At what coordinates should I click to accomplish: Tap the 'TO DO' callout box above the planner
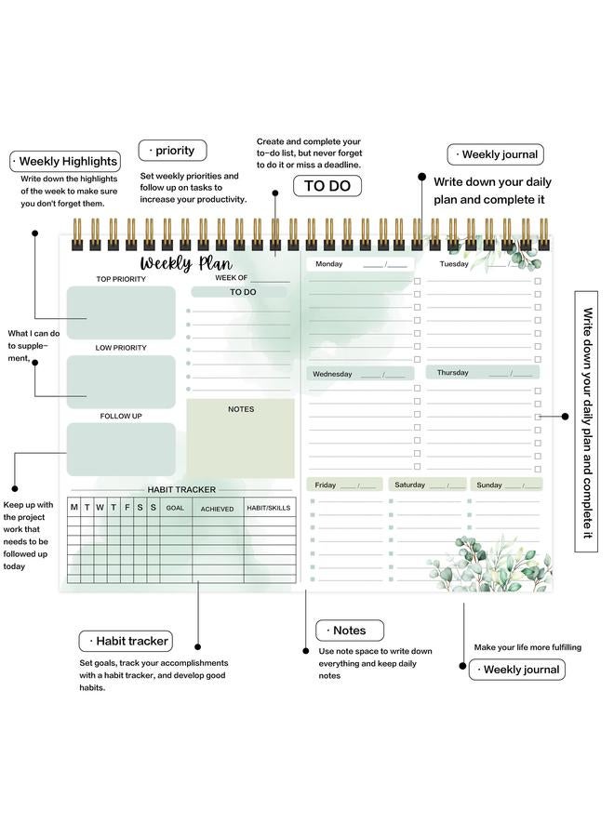point(327,185)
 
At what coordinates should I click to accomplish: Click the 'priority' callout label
point(172,150)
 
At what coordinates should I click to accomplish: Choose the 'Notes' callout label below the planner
point(349,630)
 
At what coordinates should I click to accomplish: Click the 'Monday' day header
point(329,264)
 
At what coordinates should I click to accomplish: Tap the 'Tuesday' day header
point(454,264)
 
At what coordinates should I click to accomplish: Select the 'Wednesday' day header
point(332,374)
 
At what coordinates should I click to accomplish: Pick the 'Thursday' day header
point(453,373)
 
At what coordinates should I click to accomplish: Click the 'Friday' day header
point(326,485)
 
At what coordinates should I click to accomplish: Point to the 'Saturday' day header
point(409,485)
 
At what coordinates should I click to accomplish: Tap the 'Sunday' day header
point(489,485)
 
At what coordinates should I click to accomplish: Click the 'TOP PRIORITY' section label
point(121,279)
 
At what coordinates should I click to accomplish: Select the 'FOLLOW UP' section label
point(121,416)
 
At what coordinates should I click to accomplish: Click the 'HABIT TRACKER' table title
point(181,489)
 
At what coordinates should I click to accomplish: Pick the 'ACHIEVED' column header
point(218,509)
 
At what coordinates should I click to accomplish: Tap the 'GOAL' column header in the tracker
point(175,508)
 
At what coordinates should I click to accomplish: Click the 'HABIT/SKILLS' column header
point(269,508)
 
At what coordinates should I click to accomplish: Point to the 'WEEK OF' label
point(232,277)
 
